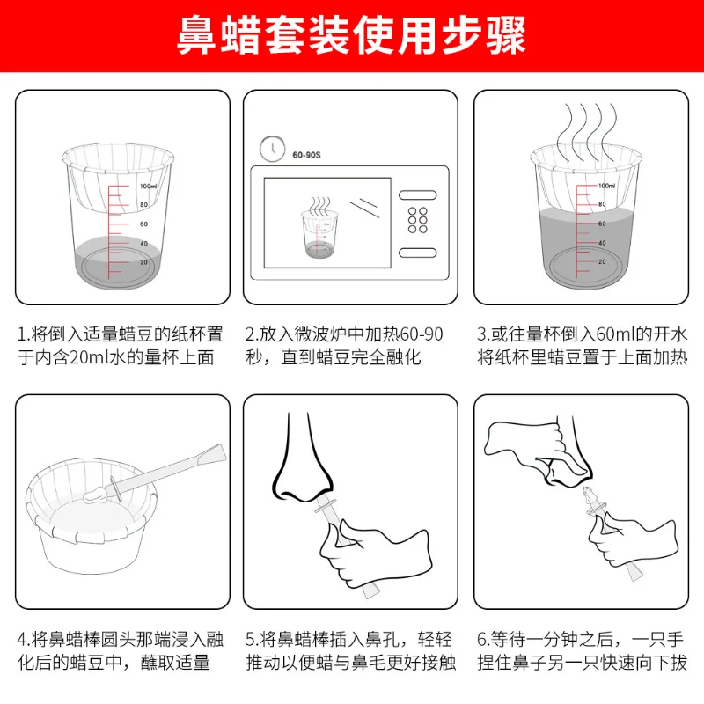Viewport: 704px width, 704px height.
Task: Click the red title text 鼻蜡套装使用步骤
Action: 351,35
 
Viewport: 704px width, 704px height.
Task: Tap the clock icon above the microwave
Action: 272,148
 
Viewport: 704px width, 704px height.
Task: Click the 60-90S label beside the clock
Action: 306,155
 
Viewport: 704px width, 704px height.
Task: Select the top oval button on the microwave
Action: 417,194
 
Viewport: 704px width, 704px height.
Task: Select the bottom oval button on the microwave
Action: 417,253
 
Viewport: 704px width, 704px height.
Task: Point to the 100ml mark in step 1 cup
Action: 148,187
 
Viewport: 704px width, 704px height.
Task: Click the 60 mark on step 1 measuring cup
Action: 143,224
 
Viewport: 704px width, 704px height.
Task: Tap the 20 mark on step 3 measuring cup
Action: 602,261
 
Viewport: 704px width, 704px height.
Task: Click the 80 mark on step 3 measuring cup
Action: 602,204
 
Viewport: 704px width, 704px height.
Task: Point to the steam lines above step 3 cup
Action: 587,131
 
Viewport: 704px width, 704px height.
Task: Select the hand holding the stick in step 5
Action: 375,554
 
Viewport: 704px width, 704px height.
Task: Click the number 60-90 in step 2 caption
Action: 422,334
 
